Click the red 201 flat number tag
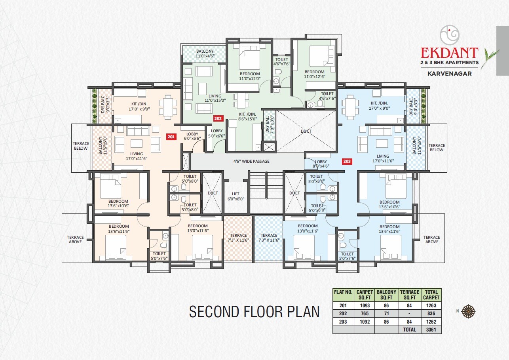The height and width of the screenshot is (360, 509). pyautogui.click(x=171, y=137)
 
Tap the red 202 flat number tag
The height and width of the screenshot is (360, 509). pyautogui.click(x=218, y=118)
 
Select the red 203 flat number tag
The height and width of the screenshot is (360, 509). pyautogui.click(x=347, y=161)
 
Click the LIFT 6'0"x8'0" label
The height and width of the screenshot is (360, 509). pyautogui.click(x=236, y=196)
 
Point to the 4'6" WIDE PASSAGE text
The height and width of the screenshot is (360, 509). pyautogui.click(x=251, y=161)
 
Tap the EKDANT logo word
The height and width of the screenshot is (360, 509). pyautogui.click(x=449, y=53)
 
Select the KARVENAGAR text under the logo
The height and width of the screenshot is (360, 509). pyautogui.click(x=449, y=73)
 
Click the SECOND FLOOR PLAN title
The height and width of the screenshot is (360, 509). pyautogui.click(x=254, y=311)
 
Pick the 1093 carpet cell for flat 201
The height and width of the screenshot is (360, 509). pyautogui.click(x=365, y=305)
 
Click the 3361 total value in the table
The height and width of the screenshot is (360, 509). pyautogui.click(x=431, y=330)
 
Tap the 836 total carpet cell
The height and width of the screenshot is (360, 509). pyautogui.click(x=431, y=313)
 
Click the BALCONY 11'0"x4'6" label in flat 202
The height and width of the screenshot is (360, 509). pyautogui.click(x=205, y=54)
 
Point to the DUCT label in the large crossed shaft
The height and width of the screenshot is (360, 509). pyautogui.click(x=306, y=131)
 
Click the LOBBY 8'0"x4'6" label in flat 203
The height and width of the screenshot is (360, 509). pyautogui.click(x=321, y=164)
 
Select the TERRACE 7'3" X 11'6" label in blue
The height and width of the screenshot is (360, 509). pyautogui.click(x=269, y=238)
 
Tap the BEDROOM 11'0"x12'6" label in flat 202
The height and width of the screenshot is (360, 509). pyautogui.click(x=314, y=74)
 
